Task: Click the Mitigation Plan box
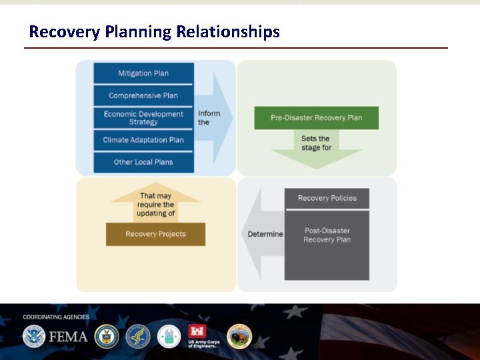click(x=143, y=73)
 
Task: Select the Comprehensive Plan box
click(x=143, y=95)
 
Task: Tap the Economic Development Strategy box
click(x=143, y=118)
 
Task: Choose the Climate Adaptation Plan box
click(x=143, y=140)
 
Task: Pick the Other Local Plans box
click(x=143, y=162)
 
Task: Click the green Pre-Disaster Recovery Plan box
click(x=316, y=118)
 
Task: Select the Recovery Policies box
click(x=327, y=198)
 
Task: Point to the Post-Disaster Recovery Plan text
click(x=327, y=235)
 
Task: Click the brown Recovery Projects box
click(x=155, y=234)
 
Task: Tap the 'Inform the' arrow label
click(x=209, y=118)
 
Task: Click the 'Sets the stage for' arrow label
click(x=315, y=143)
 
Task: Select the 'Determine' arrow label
click(x=265, y=234)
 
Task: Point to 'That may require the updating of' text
click(x=155, y=205)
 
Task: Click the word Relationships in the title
click(x=228, y=31)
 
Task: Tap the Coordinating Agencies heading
click(x=56, y=317)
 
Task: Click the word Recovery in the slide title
click(x=65, y=31)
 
